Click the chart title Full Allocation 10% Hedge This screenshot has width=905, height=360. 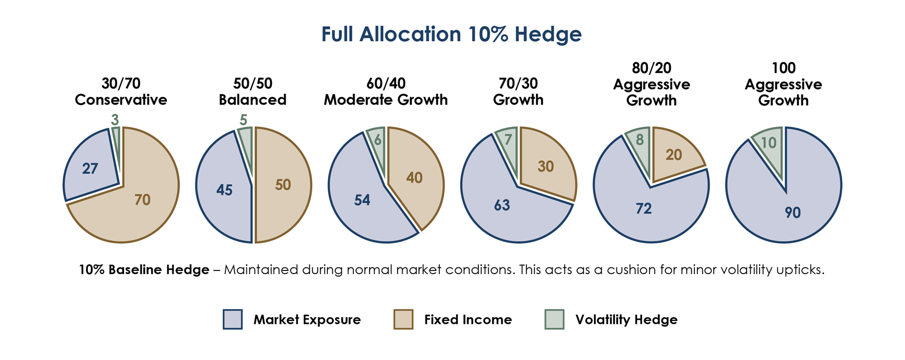[x=451, y=34]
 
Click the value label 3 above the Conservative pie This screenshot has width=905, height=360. [x=115, y=120]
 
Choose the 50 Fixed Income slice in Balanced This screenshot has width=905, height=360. [x=283, y=185]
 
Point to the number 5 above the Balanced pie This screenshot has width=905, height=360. [x=244, y=120]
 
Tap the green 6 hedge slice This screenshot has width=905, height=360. [x=378, y=141]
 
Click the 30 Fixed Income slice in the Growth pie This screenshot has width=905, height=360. [x=546, y=166]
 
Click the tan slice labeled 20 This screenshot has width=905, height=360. [x=674, y=155]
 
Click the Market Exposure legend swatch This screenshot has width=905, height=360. [x=233, y=319]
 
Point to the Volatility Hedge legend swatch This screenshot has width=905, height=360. [x=555, y=319]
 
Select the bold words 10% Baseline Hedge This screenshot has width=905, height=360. [x=144, y=269]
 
